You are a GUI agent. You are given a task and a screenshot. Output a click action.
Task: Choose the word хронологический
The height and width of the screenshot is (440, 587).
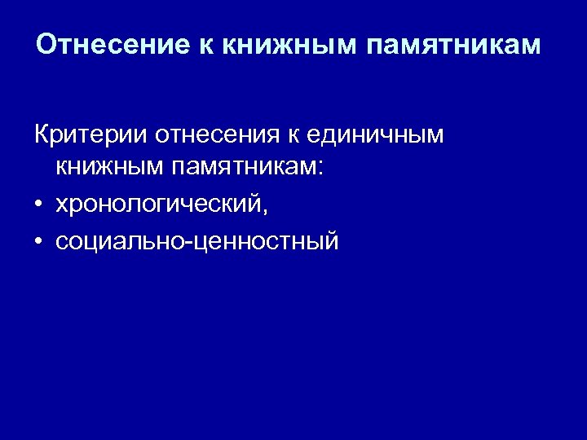tap(157, 205)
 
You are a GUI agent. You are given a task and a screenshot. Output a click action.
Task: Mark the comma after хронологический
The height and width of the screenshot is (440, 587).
tap(263, 210)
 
